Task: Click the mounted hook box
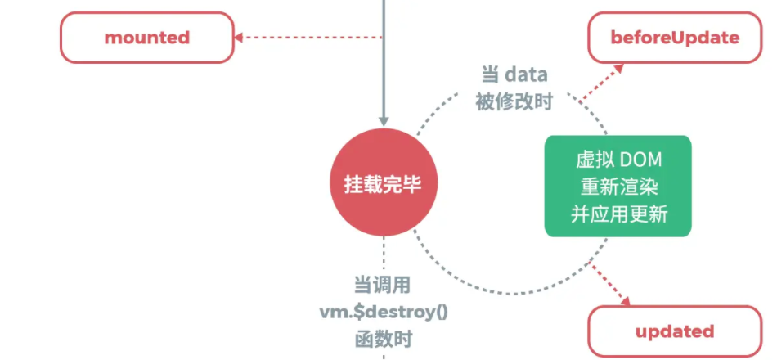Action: [146, 38]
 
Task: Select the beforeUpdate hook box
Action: [675, 38]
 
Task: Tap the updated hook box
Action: [675, 331]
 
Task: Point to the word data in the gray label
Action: [525, 74]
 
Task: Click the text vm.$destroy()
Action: [383, 312]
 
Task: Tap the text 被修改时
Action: [514, 101]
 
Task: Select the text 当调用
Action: [382, 286]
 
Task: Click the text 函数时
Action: [382, 338]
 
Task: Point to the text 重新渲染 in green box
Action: [618, 186]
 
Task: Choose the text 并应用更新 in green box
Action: [618, 214]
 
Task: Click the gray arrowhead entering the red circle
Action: [383, 121]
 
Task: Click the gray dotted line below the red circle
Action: [383, 254]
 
